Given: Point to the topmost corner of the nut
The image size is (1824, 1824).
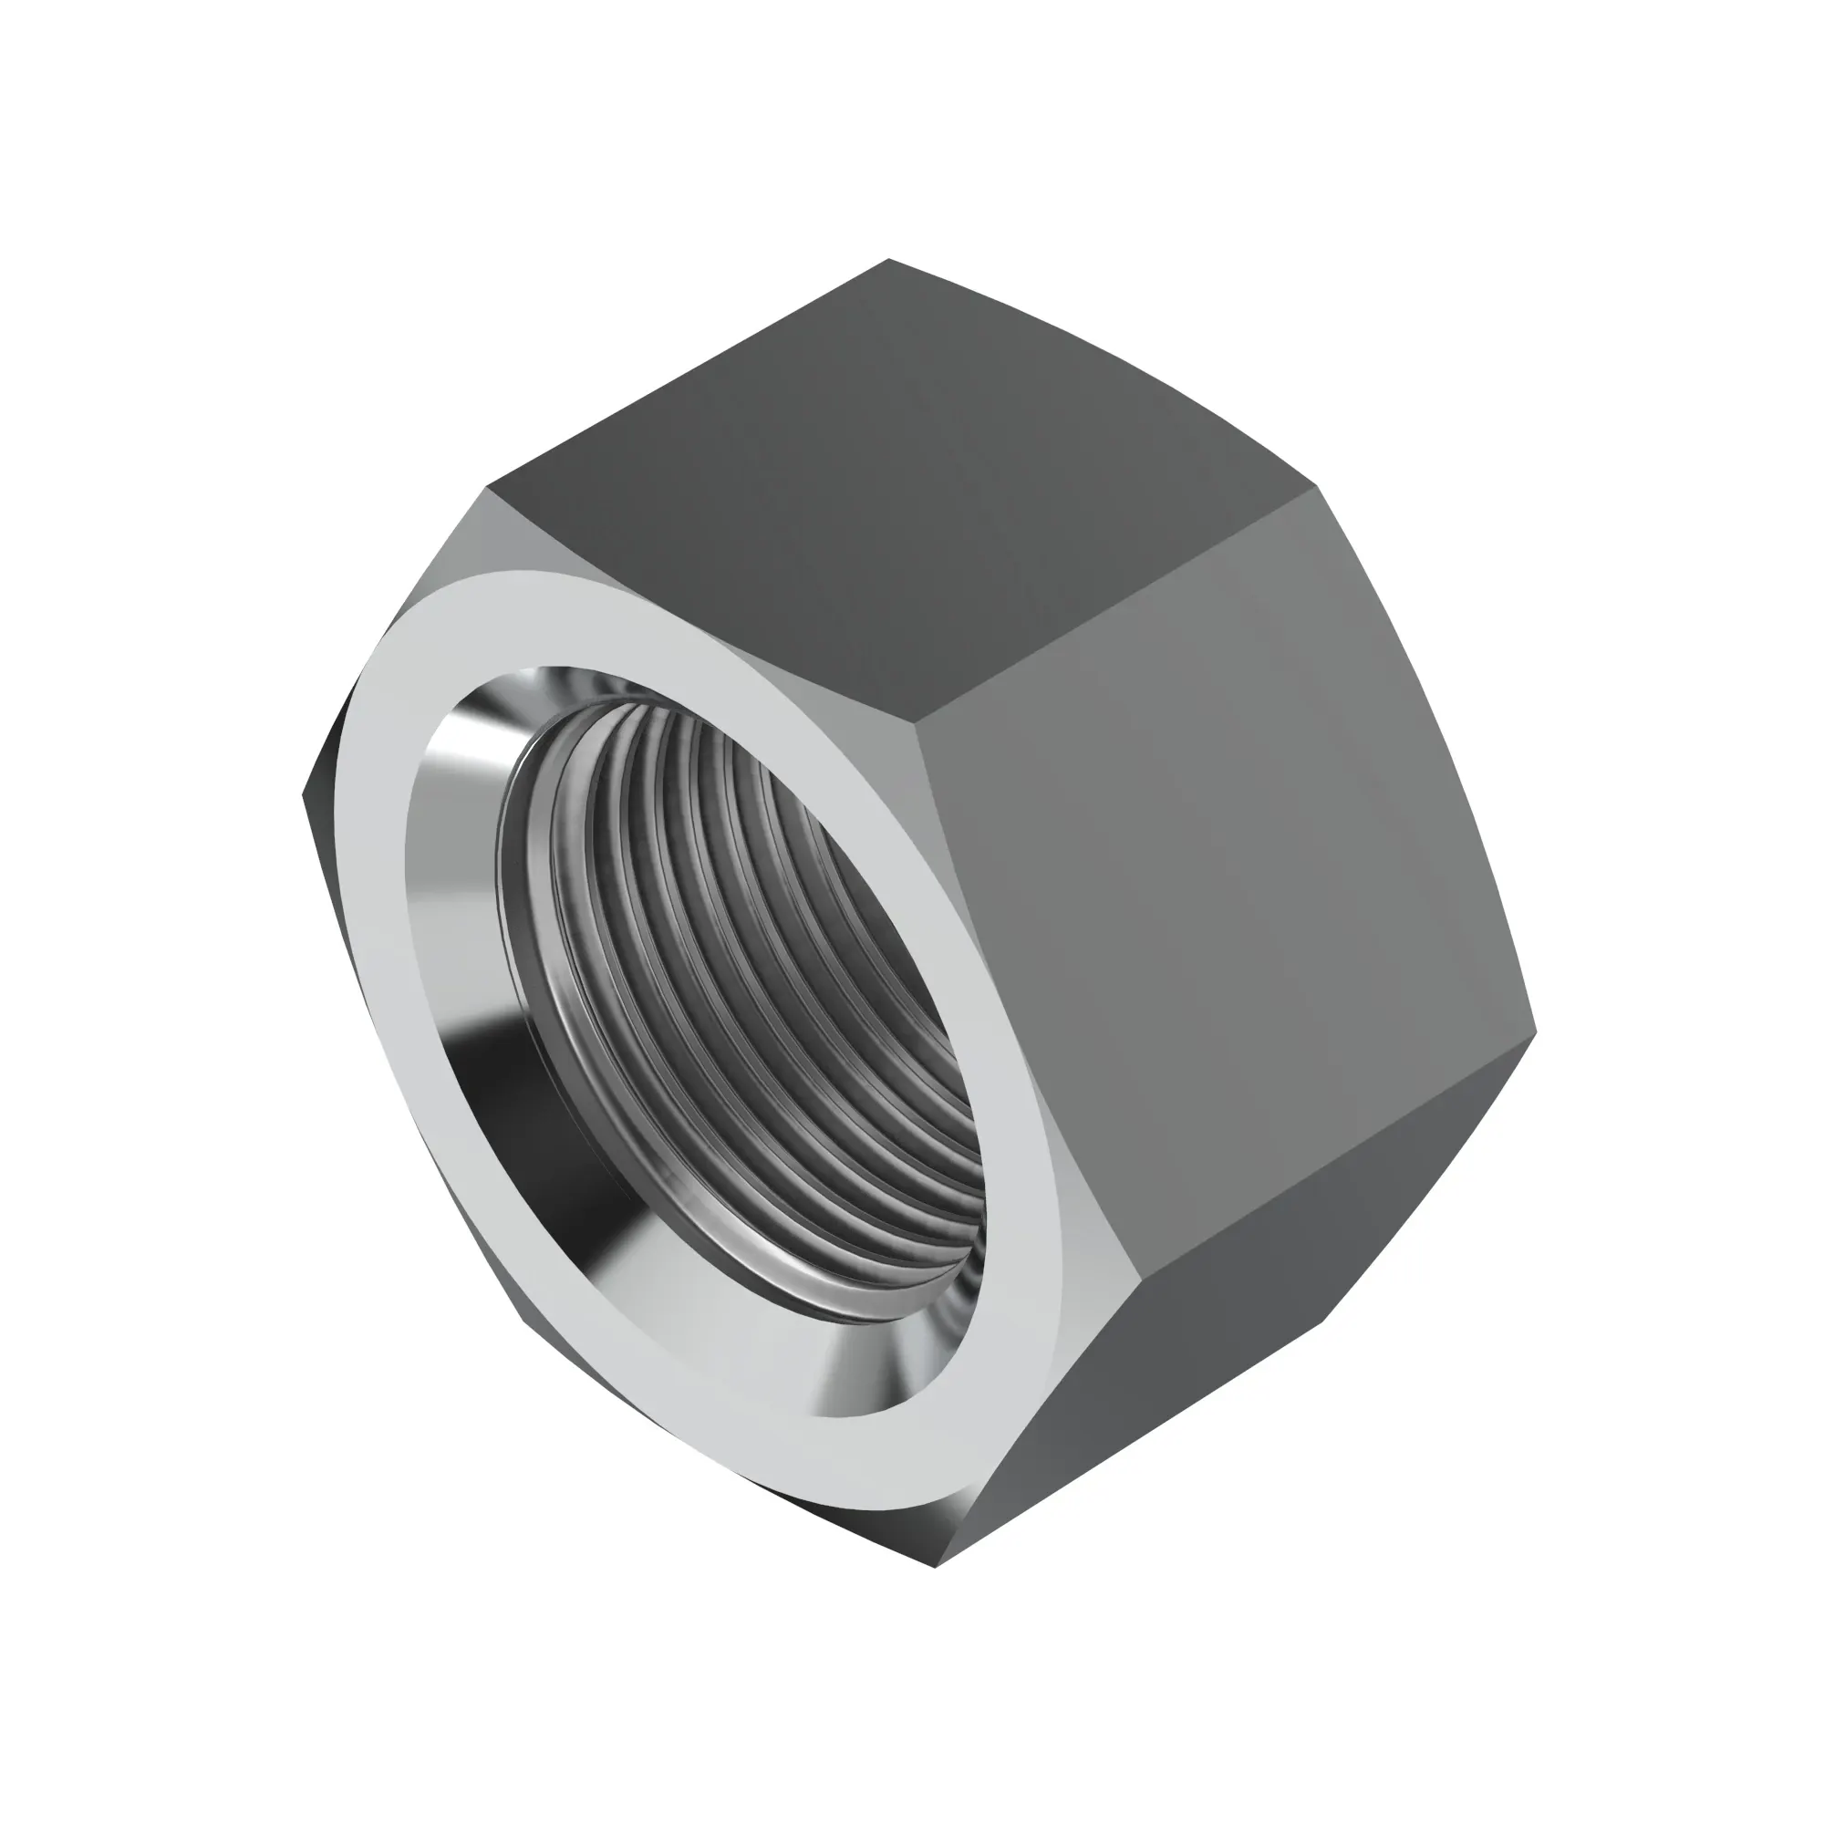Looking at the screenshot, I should [x=888, y=260].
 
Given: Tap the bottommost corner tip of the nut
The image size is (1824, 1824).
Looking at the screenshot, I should [x=935, y=1567].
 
